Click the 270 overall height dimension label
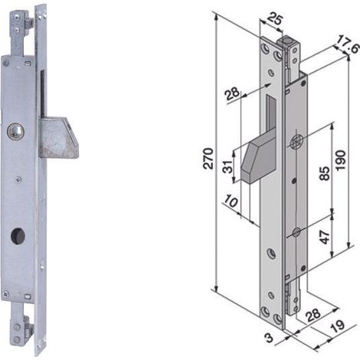coord(208,159)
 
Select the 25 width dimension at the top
coord(275,20)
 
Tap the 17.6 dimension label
coord(347,44)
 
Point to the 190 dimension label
coord(341,160)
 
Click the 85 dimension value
coord(325,173)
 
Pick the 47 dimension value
coord(324,237)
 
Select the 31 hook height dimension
coord(228,166)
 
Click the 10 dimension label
coord(231,201)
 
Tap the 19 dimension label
coord(337,326)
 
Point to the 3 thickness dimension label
coord(269,338)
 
